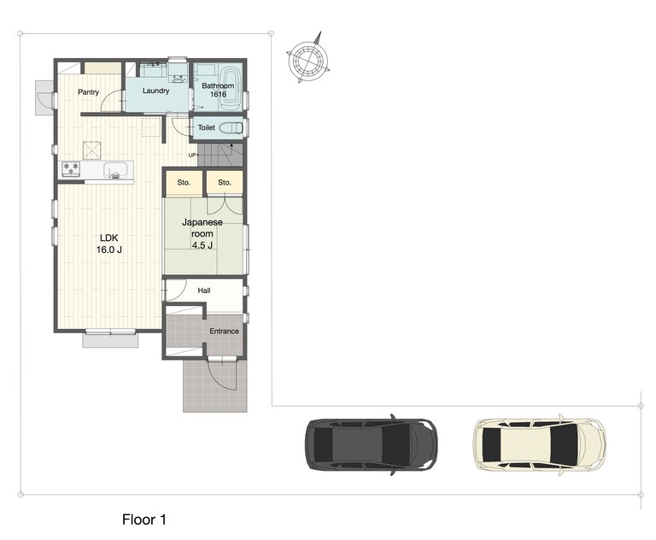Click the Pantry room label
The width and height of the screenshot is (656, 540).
(x=88, y=92)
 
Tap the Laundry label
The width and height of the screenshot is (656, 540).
(x=155, y=91)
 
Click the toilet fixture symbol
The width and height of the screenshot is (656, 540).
(x=231, y=127)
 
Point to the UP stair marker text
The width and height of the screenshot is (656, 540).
(x=192, y=156)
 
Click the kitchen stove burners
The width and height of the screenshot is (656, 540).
(x=71, y=169)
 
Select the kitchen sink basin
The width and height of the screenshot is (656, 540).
(x=115, y=169)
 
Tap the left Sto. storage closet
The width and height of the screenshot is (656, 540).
(x=184, y=183)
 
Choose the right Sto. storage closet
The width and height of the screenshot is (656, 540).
(x=225, y=183)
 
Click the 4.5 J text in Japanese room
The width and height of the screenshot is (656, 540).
(x=202, y=245)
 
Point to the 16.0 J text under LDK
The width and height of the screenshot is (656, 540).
(x=109, y=249)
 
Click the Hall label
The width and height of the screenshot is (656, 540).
(x=204, y=291)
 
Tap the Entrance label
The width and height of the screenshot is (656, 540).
(x=225, y=332)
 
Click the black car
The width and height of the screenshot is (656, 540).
(x=372, y=444)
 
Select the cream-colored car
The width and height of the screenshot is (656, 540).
(x=540, y=444)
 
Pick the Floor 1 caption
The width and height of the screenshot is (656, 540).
(x=144, y=519)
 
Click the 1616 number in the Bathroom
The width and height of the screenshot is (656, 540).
(x=218, y=94)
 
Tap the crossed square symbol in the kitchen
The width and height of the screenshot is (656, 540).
(x=91, y=150)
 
